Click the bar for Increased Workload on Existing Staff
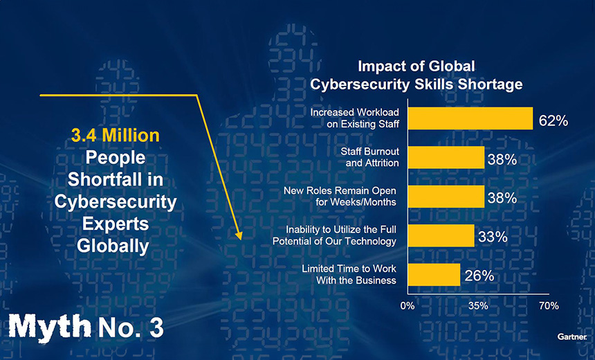tap(470, 118)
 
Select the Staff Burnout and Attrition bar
tap(446, 157)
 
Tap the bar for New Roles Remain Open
tap(446, 197)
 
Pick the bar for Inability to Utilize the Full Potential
tap(441, 235)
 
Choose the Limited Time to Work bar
tap(434, 274)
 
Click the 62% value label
tap(553, 120)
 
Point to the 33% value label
tap(493, 237)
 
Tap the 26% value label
tap(479, 276)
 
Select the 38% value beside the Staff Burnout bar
tap(502, 159)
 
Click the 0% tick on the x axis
tap(408, 305)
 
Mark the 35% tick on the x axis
tap(478, 305)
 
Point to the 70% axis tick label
tap(549, 305)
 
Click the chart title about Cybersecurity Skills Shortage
tap(416, 75)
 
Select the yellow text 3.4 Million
tap(116, 134)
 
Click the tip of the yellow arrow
tap(240, 237)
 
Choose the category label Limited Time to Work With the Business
tap(349, 274)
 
